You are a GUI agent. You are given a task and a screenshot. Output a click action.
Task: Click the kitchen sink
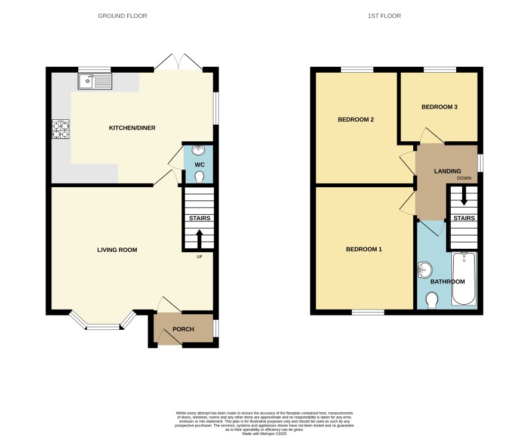point(95,82)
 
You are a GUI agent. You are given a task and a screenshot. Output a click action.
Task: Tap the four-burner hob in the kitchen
point(61,129)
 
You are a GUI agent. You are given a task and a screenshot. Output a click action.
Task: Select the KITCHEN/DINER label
point(133,128)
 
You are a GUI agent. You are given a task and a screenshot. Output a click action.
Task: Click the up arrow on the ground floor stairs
point(199,239)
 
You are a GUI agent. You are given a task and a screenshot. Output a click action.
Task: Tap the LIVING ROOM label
point(117,250)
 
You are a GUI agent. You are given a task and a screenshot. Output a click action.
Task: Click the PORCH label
point(183,329)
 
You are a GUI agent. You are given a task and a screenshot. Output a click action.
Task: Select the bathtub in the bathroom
point(464,279)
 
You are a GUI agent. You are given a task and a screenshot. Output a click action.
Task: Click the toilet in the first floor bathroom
point(432,301)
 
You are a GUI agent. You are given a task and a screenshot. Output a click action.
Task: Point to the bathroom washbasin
point(425,270)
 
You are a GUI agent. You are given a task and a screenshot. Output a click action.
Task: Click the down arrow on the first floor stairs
point(464,196)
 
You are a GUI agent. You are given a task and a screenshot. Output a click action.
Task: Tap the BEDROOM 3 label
point(439,107)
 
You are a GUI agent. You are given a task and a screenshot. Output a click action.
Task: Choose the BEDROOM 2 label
point(356,120)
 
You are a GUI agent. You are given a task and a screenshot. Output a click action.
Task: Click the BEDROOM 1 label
point(364,249)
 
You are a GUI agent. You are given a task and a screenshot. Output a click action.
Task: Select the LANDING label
point(447,171)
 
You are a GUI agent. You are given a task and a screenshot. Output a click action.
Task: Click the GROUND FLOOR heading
point(122,16)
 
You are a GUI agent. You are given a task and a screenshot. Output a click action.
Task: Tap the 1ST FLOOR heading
point(385,16)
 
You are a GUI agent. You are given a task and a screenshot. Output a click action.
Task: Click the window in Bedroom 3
point(440,70)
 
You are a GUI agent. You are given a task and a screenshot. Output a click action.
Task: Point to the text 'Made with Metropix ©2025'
point(264,434)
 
